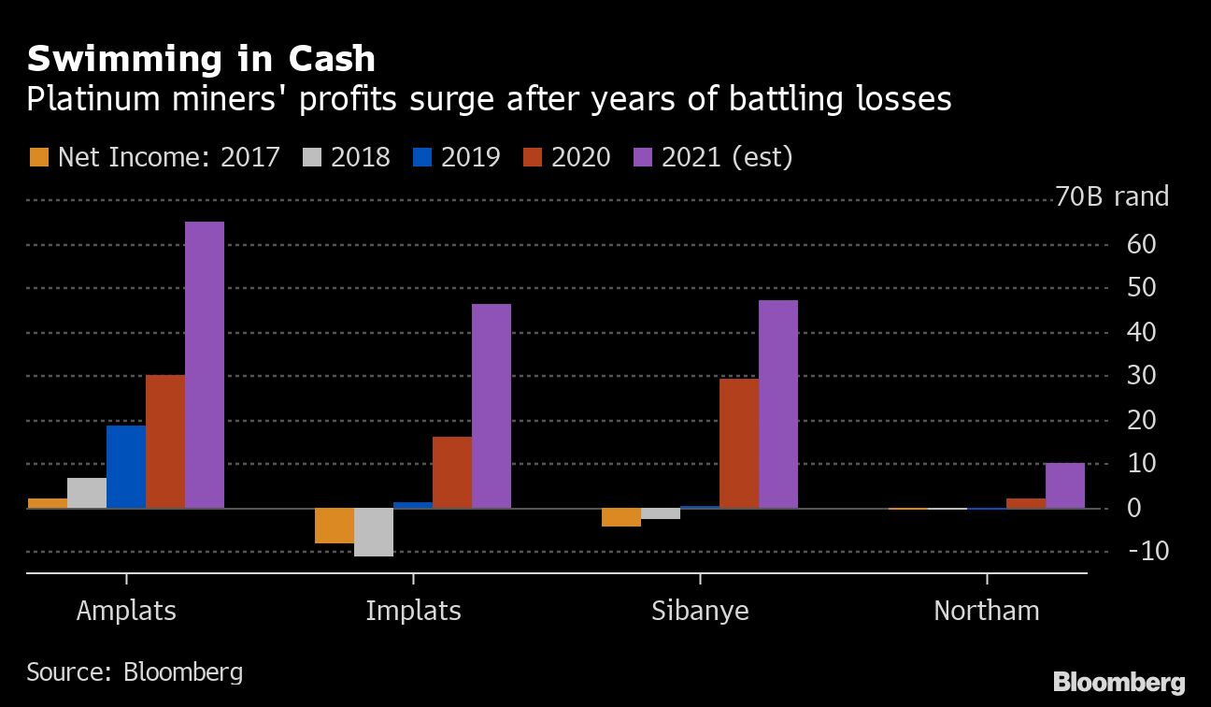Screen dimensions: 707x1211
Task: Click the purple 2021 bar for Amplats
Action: pos(205,365)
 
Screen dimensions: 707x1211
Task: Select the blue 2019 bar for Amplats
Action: pos(126,467)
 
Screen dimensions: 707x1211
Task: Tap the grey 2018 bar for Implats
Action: pos(374,532)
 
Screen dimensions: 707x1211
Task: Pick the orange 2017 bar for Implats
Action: pos(335,526)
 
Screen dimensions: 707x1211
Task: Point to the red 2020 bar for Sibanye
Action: pos(739,443)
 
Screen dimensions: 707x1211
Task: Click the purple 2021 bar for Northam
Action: pos(1065,485)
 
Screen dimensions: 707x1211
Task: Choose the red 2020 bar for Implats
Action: pos(452,472)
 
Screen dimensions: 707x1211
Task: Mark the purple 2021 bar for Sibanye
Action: pos(778,404)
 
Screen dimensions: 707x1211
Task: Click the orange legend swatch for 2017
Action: pos(39,156)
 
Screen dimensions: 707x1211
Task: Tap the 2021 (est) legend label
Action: pos(727,156)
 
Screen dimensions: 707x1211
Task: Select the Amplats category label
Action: pos(126,611)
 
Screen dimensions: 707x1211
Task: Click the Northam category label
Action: pos(987,611)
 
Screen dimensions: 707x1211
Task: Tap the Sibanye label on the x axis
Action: pos(700,611)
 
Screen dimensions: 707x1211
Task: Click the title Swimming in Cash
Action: pos(201,59)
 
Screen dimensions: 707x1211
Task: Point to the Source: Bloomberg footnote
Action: pos(135,671)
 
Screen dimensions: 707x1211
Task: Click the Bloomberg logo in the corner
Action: pos(1119,682)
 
